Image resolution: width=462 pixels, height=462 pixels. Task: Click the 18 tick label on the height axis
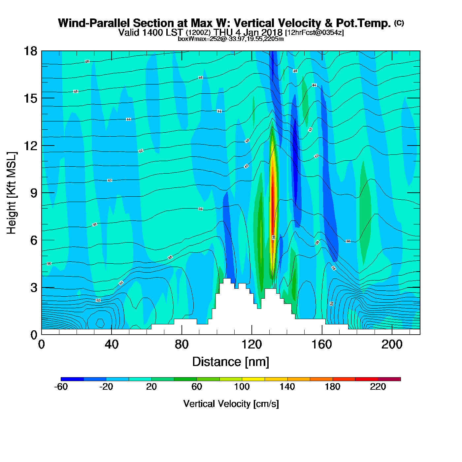(x=30, y=51)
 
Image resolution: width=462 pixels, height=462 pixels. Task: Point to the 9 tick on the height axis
(x=34, y=193)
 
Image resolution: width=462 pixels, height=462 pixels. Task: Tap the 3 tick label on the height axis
(x=34, y=288)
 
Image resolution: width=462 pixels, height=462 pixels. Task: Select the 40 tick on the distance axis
(x=112, y=345)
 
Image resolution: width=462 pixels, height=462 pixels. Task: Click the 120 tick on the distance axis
(x=252, y=345)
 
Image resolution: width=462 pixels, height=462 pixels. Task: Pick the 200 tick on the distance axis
(x=392, y=345)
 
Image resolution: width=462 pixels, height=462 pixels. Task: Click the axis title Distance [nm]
(x=231, y=362)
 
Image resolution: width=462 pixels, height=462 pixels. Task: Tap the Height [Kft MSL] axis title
(x=12, y=193)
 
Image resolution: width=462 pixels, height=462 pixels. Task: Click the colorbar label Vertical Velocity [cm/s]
(x=231, y=404)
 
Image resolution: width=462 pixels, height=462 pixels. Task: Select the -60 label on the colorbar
(x=61, y=387)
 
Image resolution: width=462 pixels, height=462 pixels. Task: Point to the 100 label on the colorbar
(x=242, y=387)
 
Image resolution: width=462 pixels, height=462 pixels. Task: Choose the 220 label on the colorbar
(x=378, y=387)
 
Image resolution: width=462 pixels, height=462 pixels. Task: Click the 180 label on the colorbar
(x=333, y=387)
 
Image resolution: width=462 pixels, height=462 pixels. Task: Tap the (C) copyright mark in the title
(x=399, y=23)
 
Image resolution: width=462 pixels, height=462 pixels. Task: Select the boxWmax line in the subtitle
(x=231, y=39)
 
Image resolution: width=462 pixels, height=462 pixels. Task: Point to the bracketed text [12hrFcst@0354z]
(x=314, y=33)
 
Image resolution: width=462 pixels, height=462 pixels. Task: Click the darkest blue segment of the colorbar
(x=72, y=379)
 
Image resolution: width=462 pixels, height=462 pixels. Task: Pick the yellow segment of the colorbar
(x=253, y=379)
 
